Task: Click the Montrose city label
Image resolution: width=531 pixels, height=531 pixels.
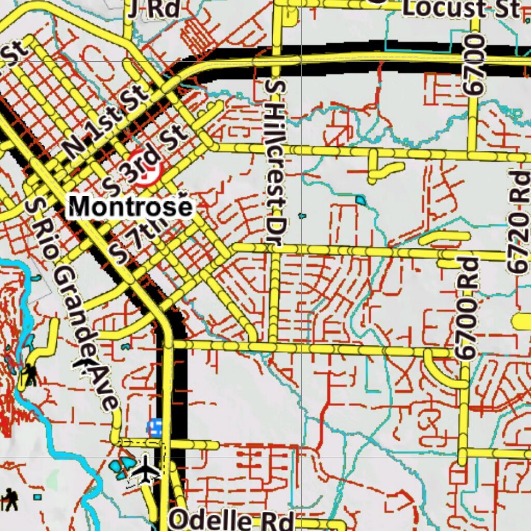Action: point(131,207)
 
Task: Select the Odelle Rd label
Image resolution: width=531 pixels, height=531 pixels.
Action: point(232,519)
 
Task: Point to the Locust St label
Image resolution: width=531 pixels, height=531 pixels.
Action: point(460,8)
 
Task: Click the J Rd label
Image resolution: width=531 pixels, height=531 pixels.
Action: point(155,8)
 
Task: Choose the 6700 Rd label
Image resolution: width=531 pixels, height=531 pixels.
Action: point(466,308)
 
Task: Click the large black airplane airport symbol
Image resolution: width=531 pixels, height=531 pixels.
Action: point(147,470)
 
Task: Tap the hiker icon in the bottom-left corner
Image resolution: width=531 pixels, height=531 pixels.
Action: point(10,499)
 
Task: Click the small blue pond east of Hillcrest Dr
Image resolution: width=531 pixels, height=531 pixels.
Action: point(360,200)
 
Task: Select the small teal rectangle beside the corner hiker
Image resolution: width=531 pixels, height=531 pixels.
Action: point(37,497)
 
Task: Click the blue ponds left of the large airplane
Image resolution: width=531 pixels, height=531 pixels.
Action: point(121,467)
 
